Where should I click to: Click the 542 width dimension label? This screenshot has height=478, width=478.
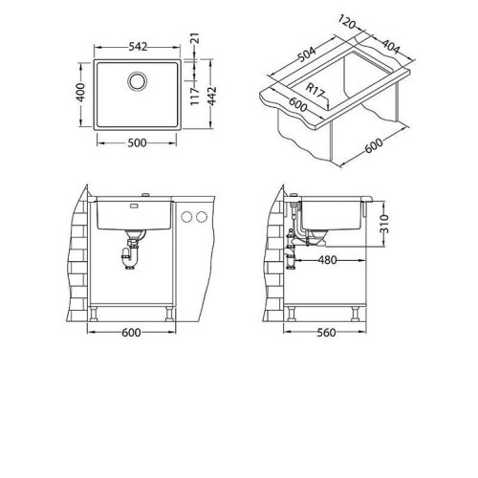[138, 47]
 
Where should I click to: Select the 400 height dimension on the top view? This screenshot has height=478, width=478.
[81, 93]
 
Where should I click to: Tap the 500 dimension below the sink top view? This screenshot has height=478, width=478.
[137, 143]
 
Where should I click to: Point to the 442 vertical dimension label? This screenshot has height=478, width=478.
[211, 96]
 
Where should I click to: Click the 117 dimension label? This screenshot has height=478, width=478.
[194, 96]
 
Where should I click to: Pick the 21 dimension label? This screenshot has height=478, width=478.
[196, 38]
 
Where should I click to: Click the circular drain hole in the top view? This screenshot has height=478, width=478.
[138, 81]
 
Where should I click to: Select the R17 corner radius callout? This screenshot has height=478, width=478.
[315, 91]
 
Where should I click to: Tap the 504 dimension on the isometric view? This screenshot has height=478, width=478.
[307, 54]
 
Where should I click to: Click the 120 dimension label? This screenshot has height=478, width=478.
[346, 22]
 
